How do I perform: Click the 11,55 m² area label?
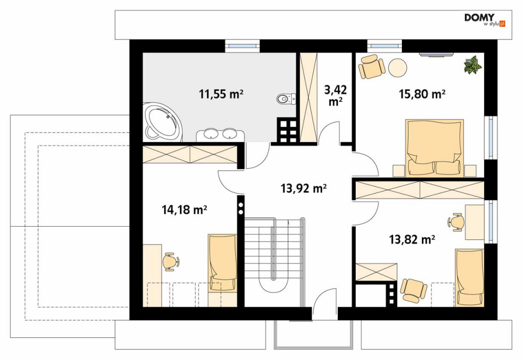click(221, 94)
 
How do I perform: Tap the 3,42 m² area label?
click(335, 96)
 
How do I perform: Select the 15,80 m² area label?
click(422, 94)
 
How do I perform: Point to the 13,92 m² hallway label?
click(304, 188)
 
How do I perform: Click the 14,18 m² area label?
click(185, 210)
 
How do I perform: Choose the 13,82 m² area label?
click(412, 239)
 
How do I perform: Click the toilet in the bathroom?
click(286, 99)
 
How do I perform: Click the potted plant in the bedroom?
click(473, 65)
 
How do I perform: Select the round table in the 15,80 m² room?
click(398, 68)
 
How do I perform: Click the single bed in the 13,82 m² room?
click(470, 277)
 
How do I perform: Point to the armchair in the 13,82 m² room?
click(413, 290)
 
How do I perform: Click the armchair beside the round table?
click(371, 66)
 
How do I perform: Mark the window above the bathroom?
click(242, 46)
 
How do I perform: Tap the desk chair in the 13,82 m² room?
click(455, 222)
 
